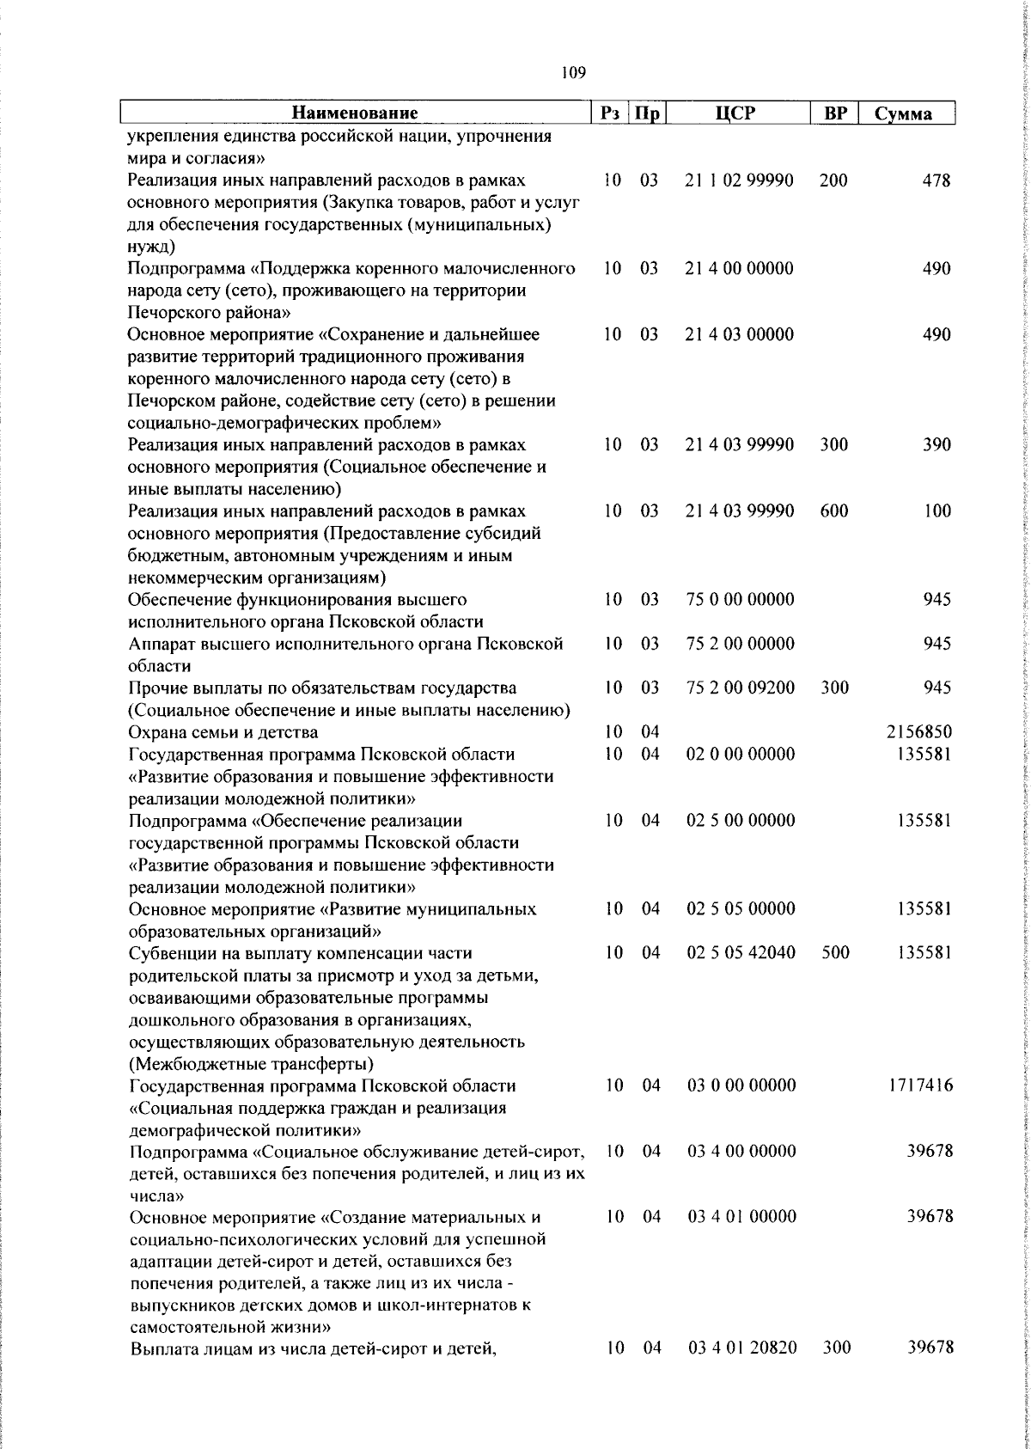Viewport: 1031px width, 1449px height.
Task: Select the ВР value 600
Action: click(x=833, y=511)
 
